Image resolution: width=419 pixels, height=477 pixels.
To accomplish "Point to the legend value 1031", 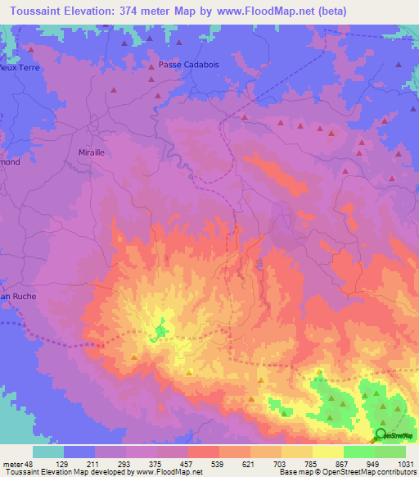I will (x=406, y=464).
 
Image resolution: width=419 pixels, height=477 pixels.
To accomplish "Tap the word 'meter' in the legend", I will (x=12, y=464).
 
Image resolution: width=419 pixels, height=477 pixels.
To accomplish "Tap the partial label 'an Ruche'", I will (x=19, y=296).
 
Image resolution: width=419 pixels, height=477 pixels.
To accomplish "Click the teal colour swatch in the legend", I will (x=47, y=452).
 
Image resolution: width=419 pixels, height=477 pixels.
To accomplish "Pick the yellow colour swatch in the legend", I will (x=327, y=452).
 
